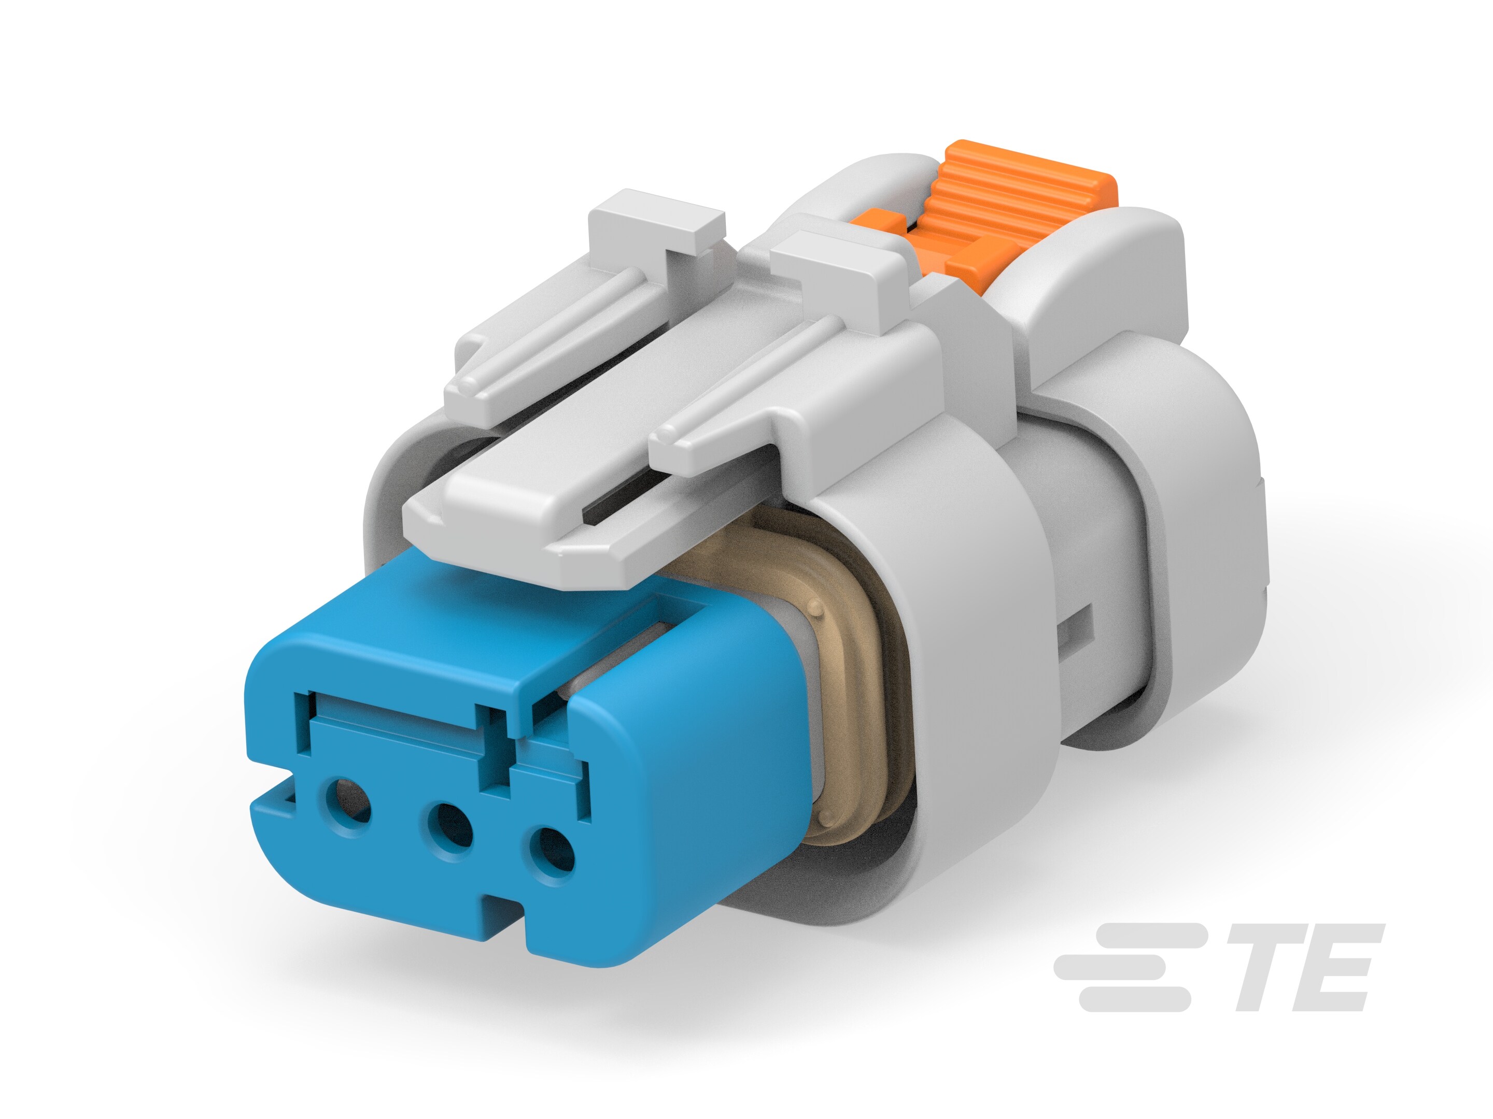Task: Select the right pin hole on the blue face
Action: point(552,857)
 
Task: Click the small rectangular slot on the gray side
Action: point(1077,627)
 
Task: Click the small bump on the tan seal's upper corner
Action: point(819,609)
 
